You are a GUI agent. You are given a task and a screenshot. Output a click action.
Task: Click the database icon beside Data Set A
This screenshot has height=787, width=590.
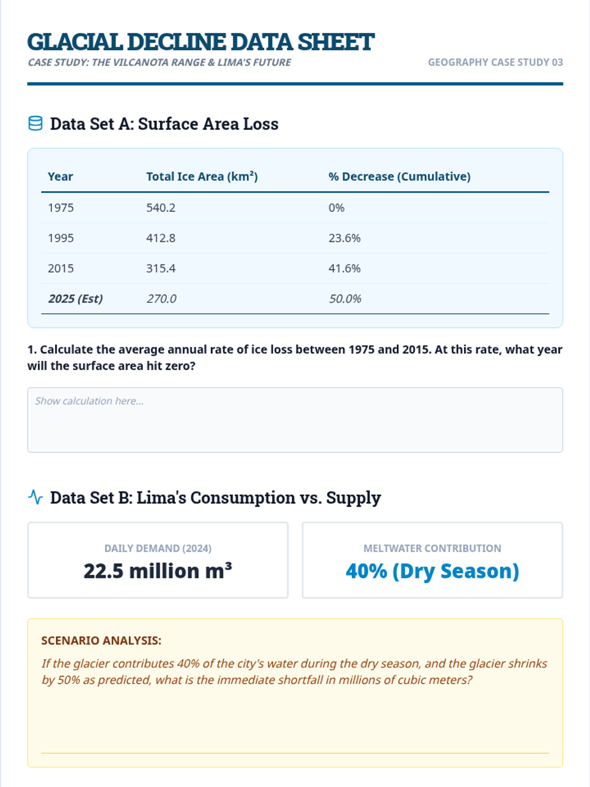(35, 123)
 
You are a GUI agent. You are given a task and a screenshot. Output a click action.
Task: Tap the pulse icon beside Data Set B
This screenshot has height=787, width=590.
(35, 497)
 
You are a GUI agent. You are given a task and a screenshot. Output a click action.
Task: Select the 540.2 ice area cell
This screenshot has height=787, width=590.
(161, 208)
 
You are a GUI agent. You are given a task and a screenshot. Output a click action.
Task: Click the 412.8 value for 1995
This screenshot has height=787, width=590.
(161, 238)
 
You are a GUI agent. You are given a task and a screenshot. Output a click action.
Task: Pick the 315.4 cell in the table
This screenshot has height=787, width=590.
(161, 269)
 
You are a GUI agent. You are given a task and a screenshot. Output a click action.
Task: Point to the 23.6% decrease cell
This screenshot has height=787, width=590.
(344, 238)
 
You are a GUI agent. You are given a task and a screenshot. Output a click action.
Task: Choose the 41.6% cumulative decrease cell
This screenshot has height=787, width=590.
(344, 269)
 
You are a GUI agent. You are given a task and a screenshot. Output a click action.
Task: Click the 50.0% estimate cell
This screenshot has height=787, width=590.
(345, 299)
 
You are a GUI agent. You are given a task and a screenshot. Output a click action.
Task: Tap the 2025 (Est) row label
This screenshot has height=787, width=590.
(75, 299)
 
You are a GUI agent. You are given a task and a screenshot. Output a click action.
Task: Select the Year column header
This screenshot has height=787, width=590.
(60, 177)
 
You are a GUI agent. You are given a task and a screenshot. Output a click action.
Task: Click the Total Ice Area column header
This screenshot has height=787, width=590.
(202, 177)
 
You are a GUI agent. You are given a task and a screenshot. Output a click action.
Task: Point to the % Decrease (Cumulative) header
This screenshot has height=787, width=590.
(399, 177)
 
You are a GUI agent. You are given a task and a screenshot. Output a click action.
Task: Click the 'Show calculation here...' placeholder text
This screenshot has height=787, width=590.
(89, 401)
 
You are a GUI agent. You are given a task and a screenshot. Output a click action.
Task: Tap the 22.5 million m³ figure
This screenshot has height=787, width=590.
(157, 571)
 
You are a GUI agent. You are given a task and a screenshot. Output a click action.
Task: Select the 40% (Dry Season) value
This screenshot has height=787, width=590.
(432, 571)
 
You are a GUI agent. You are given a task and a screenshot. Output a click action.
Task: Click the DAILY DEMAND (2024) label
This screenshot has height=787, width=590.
(157, 548)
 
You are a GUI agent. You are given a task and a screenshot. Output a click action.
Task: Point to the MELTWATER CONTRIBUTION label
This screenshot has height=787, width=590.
(432, 548)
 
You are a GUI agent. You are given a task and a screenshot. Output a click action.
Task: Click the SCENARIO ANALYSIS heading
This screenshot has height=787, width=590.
(101, 640)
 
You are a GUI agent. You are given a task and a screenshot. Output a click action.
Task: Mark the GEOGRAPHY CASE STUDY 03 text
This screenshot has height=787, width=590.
(495, 62)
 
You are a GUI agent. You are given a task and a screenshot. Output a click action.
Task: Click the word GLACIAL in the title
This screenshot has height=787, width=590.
(75, 42)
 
